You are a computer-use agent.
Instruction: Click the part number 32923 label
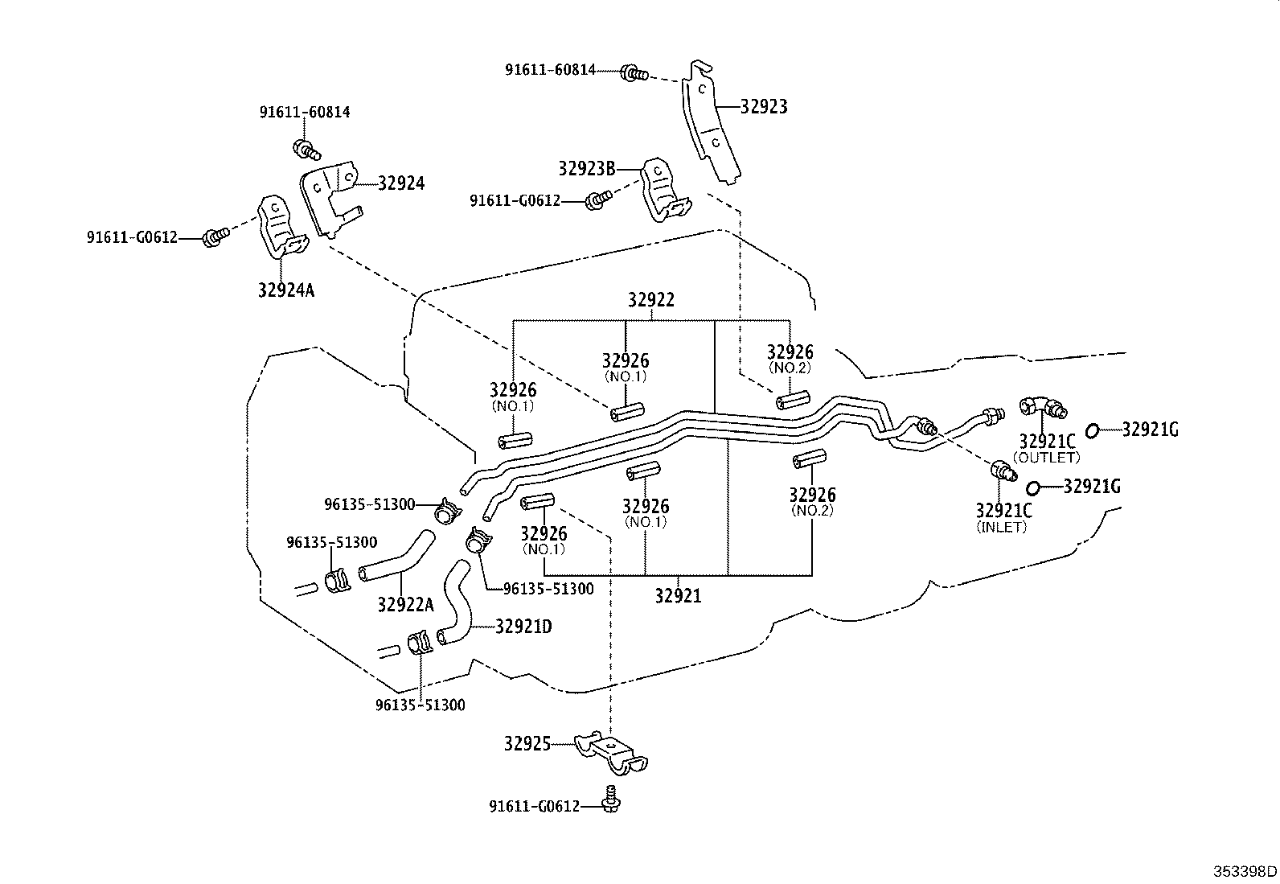click(763, 106)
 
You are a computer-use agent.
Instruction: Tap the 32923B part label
click(586, 169)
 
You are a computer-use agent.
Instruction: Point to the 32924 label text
click(401, 183)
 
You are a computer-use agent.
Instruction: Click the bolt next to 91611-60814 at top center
click(634, 73)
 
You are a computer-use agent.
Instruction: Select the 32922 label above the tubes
click(650, 300)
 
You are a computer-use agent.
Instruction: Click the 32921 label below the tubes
click(677, 596)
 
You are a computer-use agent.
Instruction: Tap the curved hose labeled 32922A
click(394, 559)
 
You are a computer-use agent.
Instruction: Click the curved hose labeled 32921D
click(456, 607)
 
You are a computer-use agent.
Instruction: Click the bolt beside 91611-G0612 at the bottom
click(612, 800)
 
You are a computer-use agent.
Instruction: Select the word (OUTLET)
click(1046, 458)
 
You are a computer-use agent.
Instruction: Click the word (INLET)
click(1002, 528)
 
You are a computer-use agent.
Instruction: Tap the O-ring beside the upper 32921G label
click(1093, 431)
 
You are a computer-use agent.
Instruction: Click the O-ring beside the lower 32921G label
click(1034, 487)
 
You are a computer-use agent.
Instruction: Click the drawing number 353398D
click(1245, 871)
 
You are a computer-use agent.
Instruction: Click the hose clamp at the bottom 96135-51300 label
click(420, 643)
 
